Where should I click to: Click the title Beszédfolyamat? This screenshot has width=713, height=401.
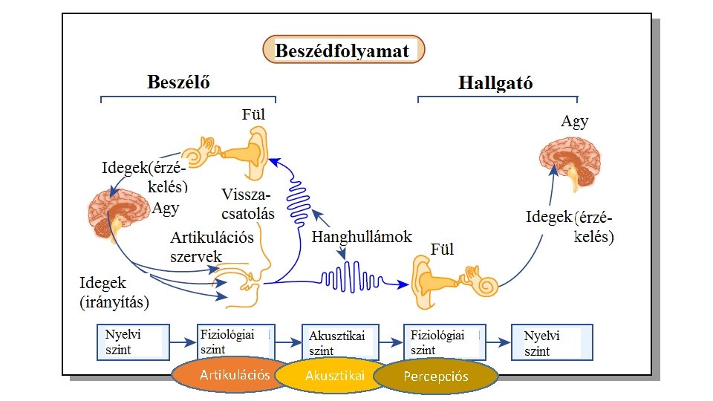343,50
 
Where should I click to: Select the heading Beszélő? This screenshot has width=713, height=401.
179,82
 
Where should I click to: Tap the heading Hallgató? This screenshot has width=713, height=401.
495,82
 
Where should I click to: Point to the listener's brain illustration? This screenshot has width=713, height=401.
570,162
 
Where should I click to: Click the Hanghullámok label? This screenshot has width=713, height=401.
362,237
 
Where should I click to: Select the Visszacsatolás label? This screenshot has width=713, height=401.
248,204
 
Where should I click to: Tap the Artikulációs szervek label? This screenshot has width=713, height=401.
212,247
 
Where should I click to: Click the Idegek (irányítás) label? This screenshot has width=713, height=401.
114,293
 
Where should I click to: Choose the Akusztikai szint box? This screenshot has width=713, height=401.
341,342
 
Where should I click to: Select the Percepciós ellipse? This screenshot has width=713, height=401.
436,376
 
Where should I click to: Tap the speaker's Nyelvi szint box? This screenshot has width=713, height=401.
133,342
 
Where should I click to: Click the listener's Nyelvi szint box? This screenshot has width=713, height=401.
552,342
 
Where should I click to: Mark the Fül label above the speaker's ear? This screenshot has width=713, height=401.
253,114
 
